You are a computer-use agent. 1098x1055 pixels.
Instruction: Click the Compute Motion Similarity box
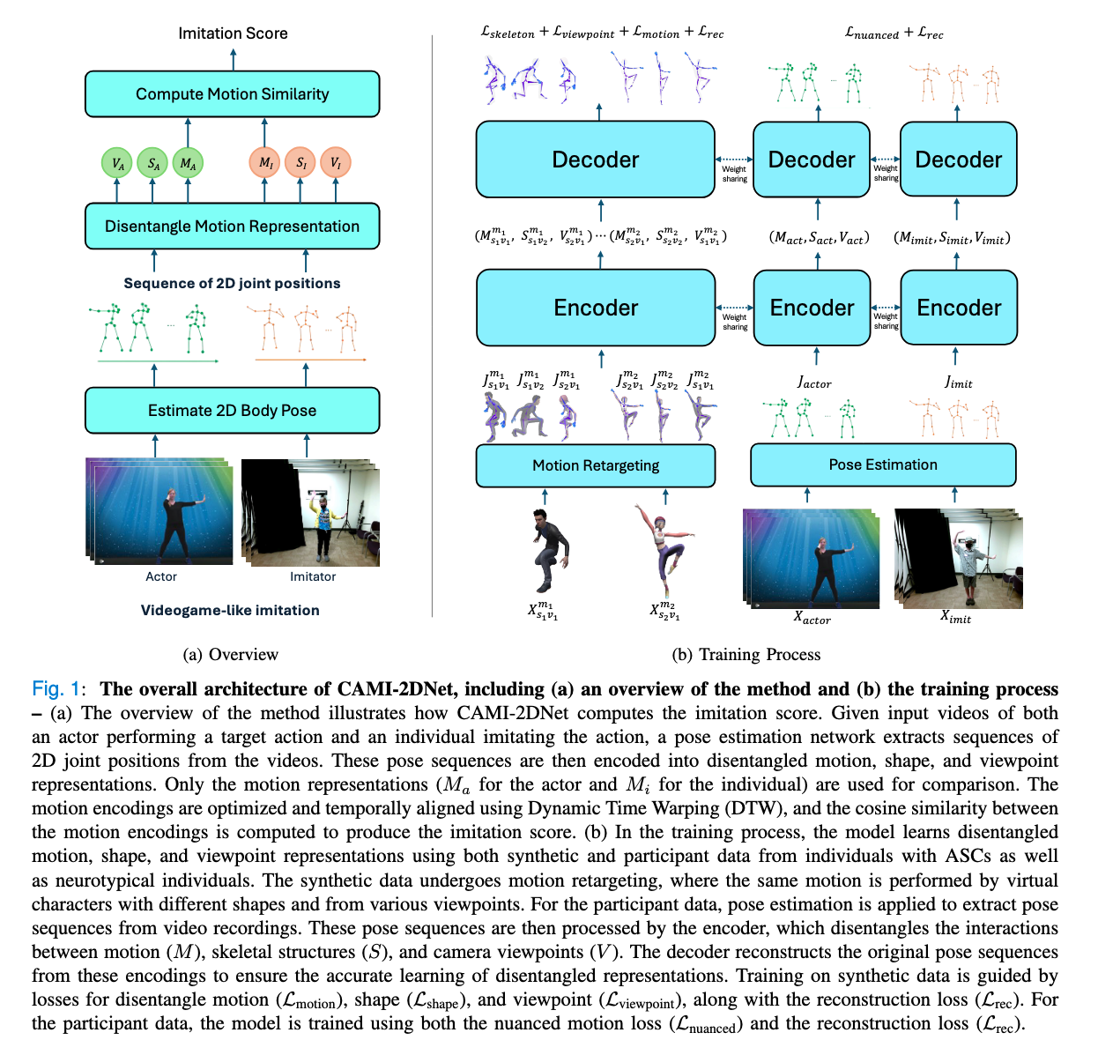pos(232,94)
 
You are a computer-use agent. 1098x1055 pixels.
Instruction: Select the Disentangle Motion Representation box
pos(232,227)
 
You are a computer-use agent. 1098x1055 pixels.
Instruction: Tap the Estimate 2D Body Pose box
pos(232,411)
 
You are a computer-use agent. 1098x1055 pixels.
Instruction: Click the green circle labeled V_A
pos(117,163)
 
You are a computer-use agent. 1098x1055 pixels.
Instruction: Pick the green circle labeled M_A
pos(188,163)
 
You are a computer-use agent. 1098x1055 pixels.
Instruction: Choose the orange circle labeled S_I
pos(300,163)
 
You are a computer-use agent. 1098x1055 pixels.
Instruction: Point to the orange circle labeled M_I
pos(265,163)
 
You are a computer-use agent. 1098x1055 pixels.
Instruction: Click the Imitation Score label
pos(233,33)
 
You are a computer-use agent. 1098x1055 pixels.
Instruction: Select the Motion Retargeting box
pos(595,465)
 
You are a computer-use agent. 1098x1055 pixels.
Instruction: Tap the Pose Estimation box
pos(882,464)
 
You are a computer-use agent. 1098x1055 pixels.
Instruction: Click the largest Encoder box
pos(595,308)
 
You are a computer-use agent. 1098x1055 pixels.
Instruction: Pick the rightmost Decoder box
pos(958,160)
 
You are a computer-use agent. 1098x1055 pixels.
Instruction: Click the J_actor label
pos(814,383)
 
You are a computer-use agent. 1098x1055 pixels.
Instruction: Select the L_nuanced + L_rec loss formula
pos(894,33)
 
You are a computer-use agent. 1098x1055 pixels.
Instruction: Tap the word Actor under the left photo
pos(161,576)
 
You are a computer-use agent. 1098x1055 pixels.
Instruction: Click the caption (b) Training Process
pos(746,654)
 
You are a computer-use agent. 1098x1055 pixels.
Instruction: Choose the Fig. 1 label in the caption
pos(56,689)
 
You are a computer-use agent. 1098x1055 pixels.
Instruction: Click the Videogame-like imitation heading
pos(230,610)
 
